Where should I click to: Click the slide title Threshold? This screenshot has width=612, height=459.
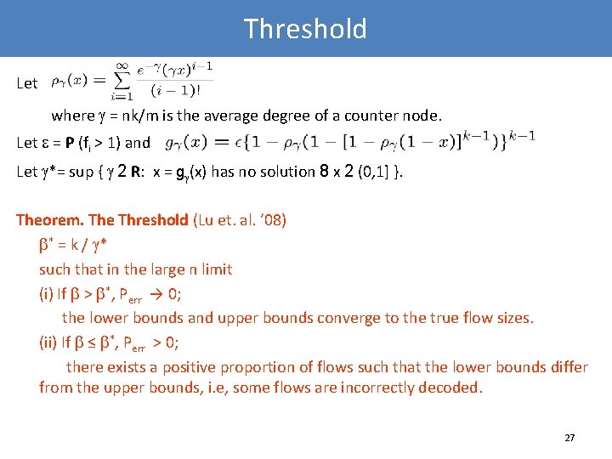tap(305, 29)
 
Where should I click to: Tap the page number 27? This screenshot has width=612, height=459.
tap(569, 438)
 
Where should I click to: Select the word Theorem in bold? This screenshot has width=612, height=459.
tap(48, 220)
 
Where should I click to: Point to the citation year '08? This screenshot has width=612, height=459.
tap(275, 220)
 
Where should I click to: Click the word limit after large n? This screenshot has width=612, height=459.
tap(218, 269)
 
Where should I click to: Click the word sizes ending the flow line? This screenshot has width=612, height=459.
tap(513, 318)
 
